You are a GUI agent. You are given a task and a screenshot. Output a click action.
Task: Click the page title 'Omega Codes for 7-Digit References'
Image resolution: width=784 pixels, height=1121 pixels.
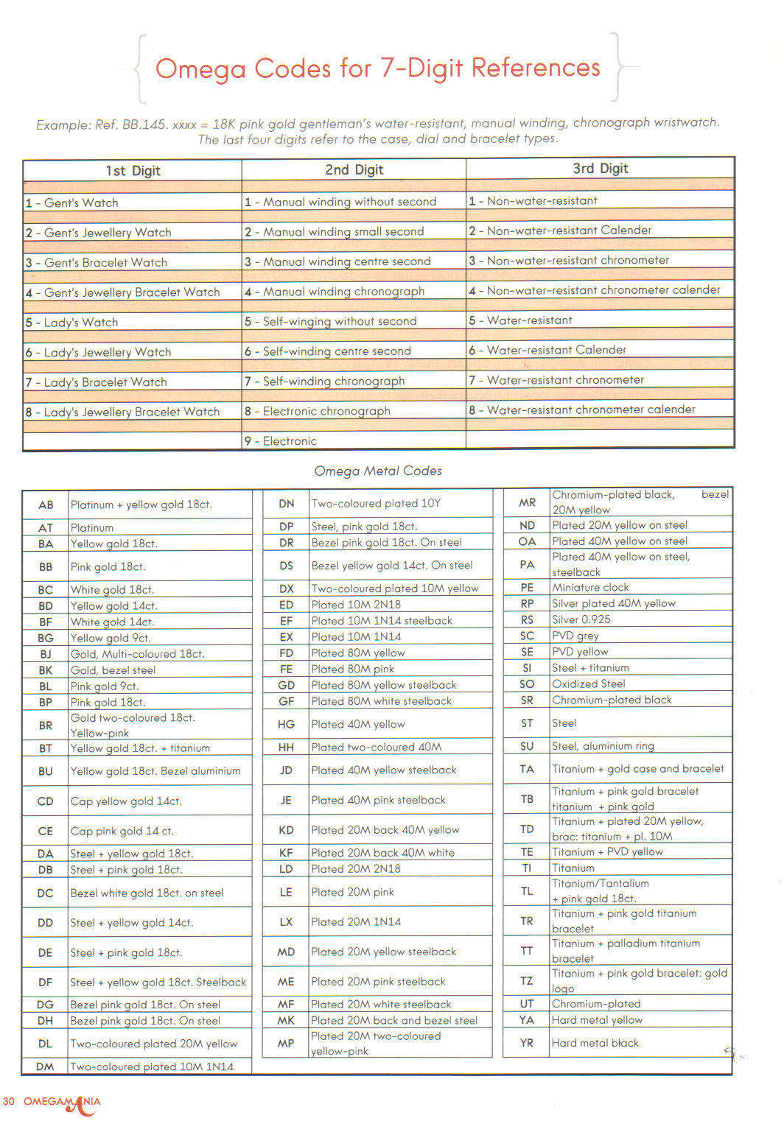(x=377, y=68)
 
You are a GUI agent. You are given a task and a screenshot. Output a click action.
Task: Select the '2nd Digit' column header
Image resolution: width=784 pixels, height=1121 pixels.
(x=354, y=170)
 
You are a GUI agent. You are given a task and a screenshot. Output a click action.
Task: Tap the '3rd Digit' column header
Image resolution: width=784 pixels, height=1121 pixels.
(x=600, y=169)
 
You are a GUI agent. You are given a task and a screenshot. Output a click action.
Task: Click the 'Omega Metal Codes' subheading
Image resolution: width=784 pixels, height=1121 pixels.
(x=378, y=471)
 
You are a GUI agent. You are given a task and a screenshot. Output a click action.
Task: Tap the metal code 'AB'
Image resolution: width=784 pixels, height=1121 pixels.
(x=46, y=505)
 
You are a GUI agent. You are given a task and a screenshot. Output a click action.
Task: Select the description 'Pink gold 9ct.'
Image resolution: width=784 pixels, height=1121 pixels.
(x=104, y=686)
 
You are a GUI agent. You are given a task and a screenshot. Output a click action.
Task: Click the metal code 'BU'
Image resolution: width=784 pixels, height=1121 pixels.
(x=46, y=771)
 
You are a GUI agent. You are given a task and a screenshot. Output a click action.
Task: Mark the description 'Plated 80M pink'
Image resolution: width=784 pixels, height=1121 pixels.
(x=352, y=669)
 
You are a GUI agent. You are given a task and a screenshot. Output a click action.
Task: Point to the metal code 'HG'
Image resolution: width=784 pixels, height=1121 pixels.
(x=286, y=725)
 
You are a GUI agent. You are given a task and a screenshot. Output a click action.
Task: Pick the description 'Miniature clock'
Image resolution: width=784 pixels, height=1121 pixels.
(x=590, y=588)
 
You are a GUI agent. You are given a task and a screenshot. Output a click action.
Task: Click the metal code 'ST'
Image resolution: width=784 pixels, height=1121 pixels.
(x=527, y=723)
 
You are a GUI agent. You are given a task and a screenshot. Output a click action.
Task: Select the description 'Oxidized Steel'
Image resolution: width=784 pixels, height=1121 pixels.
(x=588, y=684)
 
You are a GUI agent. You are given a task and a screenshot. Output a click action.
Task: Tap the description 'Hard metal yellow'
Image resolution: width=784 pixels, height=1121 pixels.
(x=597, y=1020)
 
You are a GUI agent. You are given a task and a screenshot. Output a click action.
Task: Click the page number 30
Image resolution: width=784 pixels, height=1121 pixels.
(x=9, y=1102)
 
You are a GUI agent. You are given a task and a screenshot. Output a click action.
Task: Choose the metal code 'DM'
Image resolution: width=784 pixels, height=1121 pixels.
(x=46, y=1066)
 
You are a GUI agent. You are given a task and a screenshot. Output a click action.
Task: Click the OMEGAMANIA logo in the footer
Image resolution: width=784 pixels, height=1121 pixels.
(x=63, y=1103)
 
